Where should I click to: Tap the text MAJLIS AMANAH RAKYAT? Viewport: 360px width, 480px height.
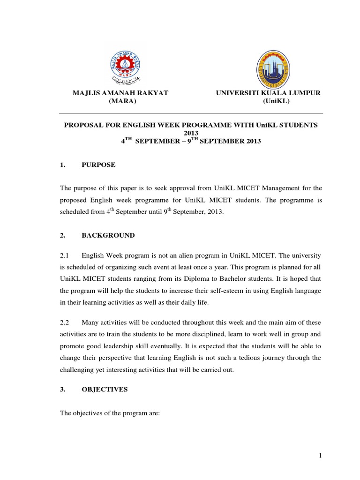pos(120,93)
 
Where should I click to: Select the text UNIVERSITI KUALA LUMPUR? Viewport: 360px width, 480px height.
pos(268,93)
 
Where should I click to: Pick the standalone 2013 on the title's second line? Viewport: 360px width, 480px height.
pos(190,133)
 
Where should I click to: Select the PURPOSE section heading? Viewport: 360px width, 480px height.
pos(98,165)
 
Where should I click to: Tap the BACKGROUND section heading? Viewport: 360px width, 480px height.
pos(108,235)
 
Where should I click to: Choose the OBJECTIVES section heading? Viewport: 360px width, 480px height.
pos(105,390)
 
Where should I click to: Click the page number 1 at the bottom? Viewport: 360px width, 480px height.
pos(321,456)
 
